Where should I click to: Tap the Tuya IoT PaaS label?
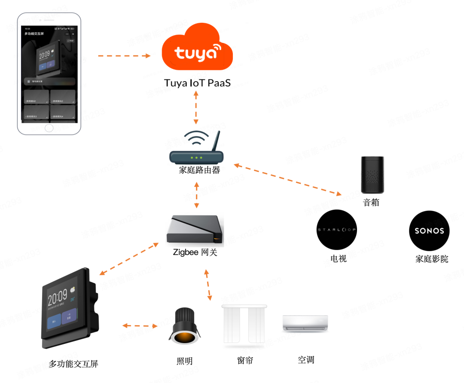pos(197,83)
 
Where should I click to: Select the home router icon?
pos(196,150)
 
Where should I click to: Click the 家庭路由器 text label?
pos(199,170)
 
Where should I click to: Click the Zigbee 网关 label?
pos(195,252)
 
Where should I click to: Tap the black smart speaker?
pos(372,175)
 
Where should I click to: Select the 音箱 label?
pos(371,202)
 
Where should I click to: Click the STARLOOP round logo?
pos(337,230)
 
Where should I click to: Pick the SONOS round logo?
pos(429,231)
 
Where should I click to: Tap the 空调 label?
pos(306,359)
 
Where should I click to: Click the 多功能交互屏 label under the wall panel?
pos(73,364)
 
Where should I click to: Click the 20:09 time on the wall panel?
pos(57,297)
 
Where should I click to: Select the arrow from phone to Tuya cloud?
pos(124,56)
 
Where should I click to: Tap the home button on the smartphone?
pos(49,128)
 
